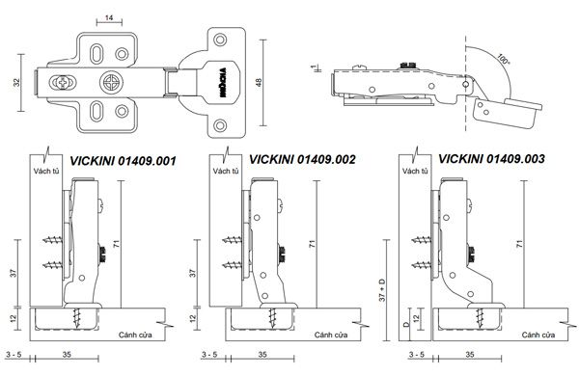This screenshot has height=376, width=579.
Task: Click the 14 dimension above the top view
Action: coord(109,17)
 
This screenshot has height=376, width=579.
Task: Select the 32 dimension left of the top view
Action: coord(16,83)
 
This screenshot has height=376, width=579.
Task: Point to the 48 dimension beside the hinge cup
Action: coord(258,82)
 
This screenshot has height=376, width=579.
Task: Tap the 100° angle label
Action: coord(503,59)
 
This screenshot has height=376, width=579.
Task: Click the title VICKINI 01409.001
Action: coord(123,161)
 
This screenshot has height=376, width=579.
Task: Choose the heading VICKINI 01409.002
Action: coord(302,159)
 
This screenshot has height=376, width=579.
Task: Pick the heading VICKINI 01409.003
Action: coord(491,159)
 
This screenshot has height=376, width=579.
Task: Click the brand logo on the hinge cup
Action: coord(223,83)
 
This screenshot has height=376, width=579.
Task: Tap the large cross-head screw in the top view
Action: coord(111,82)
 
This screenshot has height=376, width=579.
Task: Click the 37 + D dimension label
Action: coord(382,290)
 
